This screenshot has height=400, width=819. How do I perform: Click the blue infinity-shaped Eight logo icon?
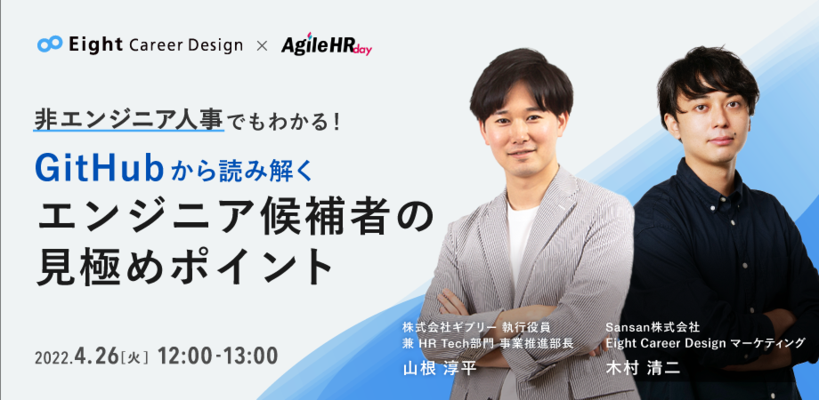[50, 44]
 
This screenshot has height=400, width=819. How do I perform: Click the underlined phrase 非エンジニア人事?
[128, 119]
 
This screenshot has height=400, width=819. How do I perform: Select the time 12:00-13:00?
[217, 356]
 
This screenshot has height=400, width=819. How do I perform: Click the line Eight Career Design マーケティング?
[704, 342]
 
